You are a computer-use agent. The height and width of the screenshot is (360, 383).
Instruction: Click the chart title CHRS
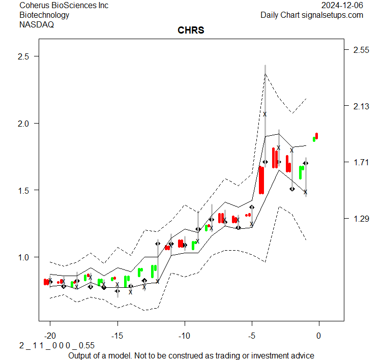(191, 31)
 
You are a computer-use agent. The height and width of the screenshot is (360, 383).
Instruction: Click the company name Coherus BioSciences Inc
(64, 6)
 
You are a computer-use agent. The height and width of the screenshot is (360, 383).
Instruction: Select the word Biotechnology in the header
(44, 15)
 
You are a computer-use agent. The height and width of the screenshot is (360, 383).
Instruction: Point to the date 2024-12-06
(342, 6)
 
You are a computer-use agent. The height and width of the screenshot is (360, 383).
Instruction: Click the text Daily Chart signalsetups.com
(312, 15)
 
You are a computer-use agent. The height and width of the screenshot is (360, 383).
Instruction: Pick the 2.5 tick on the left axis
(24, 56)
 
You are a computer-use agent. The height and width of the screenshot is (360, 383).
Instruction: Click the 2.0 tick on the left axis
(24, 123)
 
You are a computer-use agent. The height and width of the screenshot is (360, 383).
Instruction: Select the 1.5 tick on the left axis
(24, 190)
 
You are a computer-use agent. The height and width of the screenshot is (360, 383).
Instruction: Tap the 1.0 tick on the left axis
(24, 257)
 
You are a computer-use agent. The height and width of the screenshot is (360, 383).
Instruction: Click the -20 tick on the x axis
(50, 336)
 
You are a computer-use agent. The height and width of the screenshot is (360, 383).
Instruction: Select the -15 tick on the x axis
(117, 336)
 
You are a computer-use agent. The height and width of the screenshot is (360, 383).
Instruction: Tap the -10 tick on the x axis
(184, 336)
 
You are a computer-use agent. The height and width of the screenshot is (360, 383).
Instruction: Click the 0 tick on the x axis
(319, 336)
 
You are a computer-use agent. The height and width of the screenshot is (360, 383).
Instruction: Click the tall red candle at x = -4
(261, 180)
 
